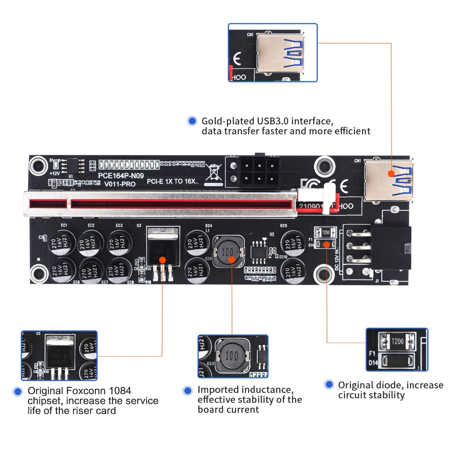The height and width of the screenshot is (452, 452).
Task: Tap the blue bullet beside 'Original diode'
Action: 330,385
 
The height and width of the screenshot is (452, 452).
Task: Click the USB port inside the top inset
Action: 280,54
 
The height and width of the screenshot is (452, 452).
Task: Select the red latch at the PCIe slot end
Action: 335,202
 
